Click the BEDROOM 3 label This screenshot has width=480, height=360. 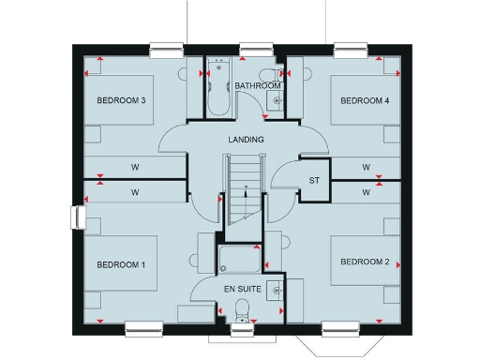click(120, 100)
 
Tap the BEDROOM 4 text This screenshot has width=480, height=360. click(365, 100)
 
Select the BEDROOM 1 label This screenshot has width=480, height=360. click(120, 265)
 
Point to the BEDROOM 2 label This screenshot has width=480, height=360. click(365, 261)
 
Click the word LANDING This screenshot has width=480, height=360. click(246, 140)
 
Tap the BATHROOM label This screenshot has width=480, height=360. click(258, 85)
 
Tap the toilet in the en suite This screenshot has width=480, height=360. click(244, 307)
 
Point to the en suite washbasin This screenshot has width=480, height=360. click(276, 290)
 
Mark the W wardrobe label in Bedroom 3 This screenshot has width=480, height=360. click(135, 168)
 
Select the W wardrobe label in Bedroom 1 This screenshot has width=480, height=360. click(135, 191)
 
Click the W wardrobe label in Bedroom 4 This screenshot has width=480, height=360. click(367, 168)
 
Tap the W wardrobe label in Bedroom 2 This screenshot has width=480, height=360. click(367, 191)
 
